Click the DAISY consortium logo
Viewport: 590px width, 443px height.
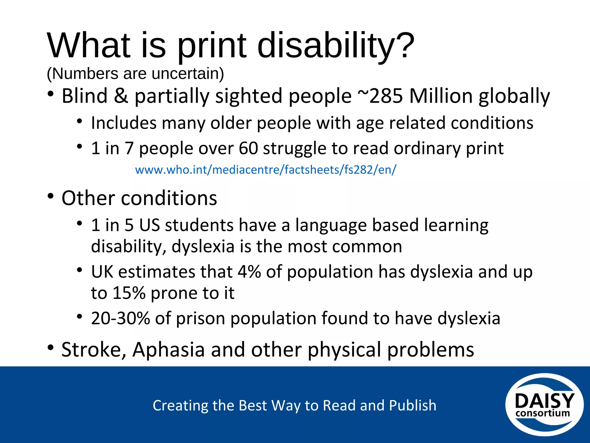tap(544, 405)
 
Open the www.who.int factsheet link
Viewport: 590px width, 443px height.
tap(265, 170)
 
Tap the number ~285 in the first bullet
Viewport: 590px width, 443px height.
tap(380, 96)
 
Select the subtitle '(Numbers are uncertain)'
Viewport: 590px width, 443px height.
tap(135, 74)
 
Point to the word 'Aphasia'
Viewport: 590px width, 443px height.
tap(169, 350)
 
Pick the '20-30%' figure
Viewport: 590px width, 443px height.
tap(120, 318)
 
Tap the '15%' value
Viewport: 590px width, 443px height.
tap(129, 293)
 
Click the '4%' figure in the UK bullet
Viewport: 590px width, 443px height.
tap(249, 272)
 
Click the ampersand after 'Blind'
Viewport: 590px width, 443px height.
tap(121, 96)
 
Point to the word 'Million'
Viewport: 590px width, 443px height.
tap(441, 96)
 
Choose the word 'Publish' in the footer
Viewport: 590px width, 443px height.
tap(413, 405)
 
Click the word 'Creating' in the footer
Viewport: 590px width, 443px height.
tap(179, 405)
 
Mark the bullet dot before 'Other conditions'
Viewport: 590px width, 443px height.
tap(51, 196)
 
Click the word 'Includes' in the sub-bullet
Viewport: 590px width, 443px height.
tap(124, 123)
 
